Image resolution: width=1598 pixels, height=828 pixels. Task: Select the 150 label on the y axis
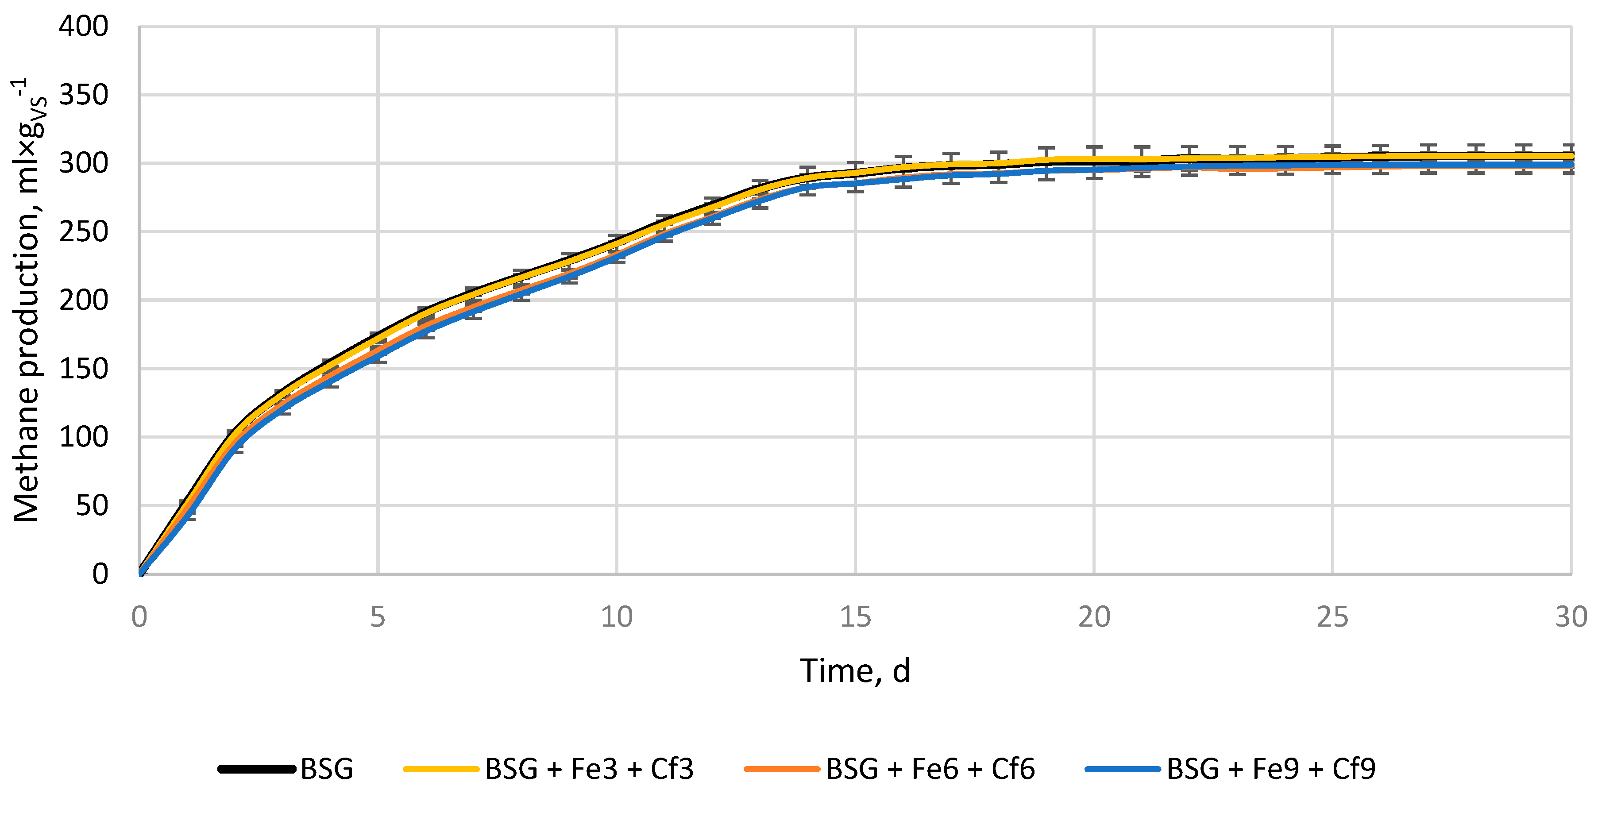pyautogui.click(x=83, y=369)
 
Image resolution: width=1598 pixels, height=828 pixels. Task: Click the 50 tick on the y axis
pyautogui.click(x=91, y=506)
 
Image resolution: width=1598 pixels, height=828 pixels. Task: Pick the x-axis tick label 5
pyautogui.click(x=378, y=617)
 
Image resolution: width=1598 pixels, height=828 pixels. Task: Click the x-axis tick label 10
pyautogui.click(x=617, y=617)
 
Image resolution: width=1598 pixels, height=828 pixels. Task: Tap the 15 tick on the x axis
pyautogui.click(x=856, y=617)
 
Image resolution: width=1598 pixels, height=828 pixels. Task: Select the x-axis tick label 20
pyautogui.click(x=1094, y=617)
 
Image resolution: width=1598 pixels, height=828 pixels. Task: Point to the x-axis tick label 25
pyautogui.click(x=1332, y=617)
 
